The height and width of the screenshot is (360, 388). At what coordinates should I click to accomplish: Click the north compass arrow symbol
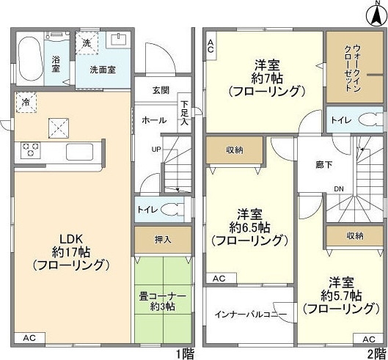[x=377, y=15]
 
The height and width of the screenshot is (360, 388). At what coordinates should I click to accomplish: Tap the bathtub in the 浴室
[x=30, y=59]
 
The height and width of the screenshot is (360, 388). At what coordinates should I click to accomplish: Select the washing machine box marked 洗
[x=87, y=43]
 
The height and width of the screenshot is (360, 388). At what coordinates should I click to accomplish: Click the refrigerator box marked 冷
[x=26, y=103]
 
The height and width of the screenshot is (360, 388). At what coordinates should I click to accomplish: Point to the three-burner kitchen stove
[x=30, y=150]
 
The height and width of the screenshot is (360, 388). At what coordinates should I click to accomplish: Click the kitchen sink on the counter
[x=79, y=152]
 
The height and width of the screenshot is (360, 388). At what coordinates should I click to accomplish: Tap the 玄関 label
[x=161, y=90]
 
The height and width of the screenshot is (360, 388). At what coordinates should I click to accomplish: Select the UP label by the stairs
[x=156, y=150]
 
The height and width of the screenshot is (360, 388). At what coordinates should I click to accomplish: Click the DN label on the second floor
[x=339, y=189]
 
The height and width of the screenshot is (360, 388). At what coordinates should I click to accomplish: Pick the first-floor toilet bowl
[x=172, y=210]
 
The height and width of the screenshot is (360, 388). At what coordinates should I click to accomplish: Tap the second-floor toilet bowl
[x=370, y=120]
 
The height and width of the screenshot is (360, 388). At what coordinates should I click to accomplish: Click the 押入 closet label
[x=163, y=240]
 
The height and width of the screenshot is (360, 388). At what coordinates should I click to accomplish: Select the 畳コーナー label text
[x=163, y=296]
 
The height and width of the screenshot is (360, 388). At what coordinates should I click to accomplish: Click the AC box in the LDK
[x=29, y=338]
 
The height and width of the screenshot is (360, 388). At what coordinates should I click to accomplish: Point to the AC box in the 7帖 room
[x=211, y=45]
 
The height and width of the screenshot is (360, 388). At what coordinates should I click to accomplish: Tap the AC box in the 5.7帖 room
[x=369, y=339]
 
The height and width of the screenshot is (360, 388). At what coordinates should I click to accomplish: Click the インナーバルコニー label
[x=251, y=315]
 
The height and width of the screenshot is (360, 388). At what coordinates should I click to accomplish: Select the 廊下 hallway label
[x=324, y=165]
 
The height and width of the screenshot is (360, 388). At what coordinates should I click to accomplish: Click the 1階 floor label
[x=185, y=354]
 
